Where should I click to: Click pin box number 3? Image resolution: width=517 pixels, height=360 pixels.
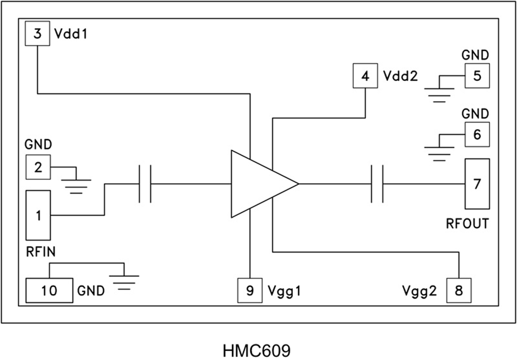coord(38,34)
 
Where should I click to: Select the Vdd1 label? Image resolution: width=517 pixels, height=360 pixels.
coord(70,34)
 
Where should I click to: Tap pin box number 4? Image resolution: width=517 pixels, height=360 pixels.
coord(365,76)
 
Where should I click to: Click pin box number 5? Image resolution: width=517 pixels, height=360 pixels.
coord(477,75)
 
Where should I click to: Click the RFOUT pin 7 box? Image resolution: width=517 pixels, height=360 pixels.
coord(477,184)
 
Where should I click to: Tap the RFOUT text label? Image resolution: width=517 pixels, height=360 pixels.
coord(467,223)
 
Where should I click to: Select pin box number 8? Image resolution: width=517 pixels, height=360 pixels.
coord(458,291)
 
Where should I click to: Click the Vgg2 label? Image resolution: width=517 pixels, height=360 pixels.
coord(420,291)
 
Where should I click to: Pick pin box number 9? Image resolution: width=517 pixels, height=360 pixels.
coord(250,291)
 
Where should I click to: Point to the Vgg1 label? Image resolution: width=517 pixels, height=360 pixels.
coord(285,291)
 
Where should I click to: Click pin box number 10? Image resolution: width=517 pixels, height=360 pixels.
coord(49,291)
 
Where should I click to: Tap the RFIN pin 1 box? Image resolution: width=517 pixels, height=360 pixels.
coord(38,216)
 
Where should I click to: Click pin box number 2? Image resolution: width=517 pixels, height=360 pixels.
coord(38,167)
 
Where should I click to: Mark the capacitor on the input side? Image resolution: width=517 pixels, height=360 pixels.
coord(145,184)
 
